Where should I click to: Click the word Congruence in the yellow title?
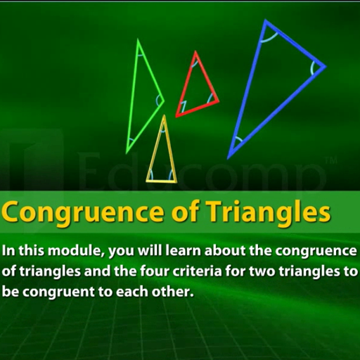[82, 213]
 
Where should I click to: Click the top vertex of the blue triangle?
[266, 20]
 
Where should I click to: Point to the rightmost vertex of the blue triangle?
[326, 67]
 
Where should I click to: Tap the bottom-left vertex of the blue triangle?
[228, 159]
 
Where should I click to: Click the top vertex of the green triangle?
[138, 39]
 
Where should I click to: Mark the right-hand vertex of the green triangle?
[164, 101]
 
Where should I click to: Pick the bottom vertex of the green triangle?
[127, 153]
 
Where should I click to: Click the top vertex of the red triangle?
[195, 52]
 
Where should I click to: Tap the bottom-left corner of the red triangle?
[176, 117]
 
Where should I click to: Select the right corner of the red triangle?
[219, 101]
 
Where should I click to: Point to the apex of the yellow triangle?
[164, 115]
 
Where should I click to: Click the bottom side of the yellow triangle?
[161, 181]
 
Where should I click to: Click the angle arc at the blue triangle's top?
[269, 39]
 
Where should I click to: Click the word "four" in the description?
[154, 271]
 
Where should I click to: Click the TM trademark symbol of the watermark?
[331, 161]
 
